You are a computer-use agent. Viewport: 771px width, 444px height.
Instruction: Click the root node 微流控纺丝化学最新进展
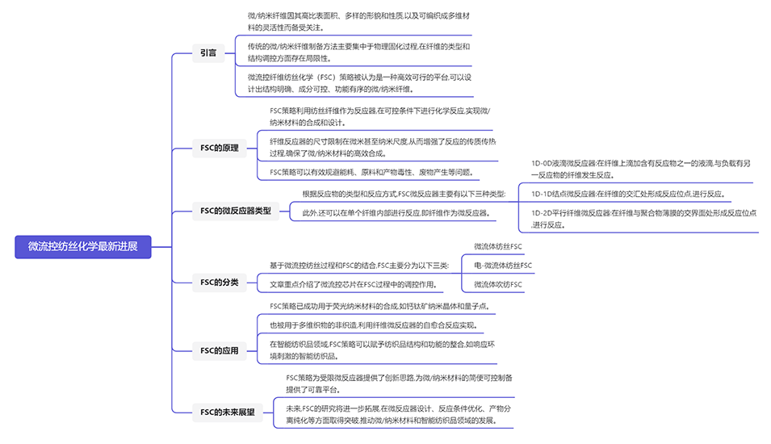tap(83, 246)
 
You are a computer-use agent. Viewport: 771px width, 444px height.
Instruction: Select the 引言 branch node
tap(208, 53)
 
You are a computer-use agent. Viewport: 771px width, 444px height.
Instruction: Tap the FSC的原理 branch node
tap(220, 148)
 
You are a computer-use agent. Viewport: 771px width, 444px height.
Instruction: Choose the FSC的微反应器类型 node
tap(235, 212)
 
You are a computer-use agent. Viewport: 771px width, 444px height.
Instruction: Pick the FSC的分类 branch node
tap(220, 282)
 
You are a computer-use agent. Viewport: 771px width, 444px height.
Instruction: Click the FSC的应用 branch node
tap(220, 350)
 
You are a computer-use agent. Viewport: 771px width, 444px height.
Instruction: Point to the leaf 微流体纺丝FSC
tap(498, 246)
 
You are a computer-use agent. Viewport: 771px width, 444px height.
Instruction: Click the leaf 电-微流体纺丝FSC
tap(503, 265)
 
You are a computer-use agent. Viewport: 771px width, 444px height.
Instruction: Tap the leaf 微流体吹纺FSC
tap(498, 284)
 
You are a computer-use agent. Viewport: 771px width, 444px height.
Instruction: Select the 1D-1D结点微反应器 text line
tap(627, 194)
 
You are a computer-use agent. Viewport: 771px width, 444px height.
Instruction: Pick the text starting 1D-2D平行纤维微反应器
tap(643, 219)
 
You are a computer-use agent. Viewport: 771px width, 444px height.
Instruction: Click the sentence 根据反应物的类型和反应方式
tap(404, 194)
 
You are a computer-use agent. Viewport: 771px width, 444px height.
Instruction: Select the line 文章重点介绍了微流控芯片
tap(356, 284)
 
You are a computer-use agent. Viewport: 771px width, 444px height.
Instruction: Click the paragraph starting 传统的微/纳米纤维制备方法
tap(358, 52)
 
